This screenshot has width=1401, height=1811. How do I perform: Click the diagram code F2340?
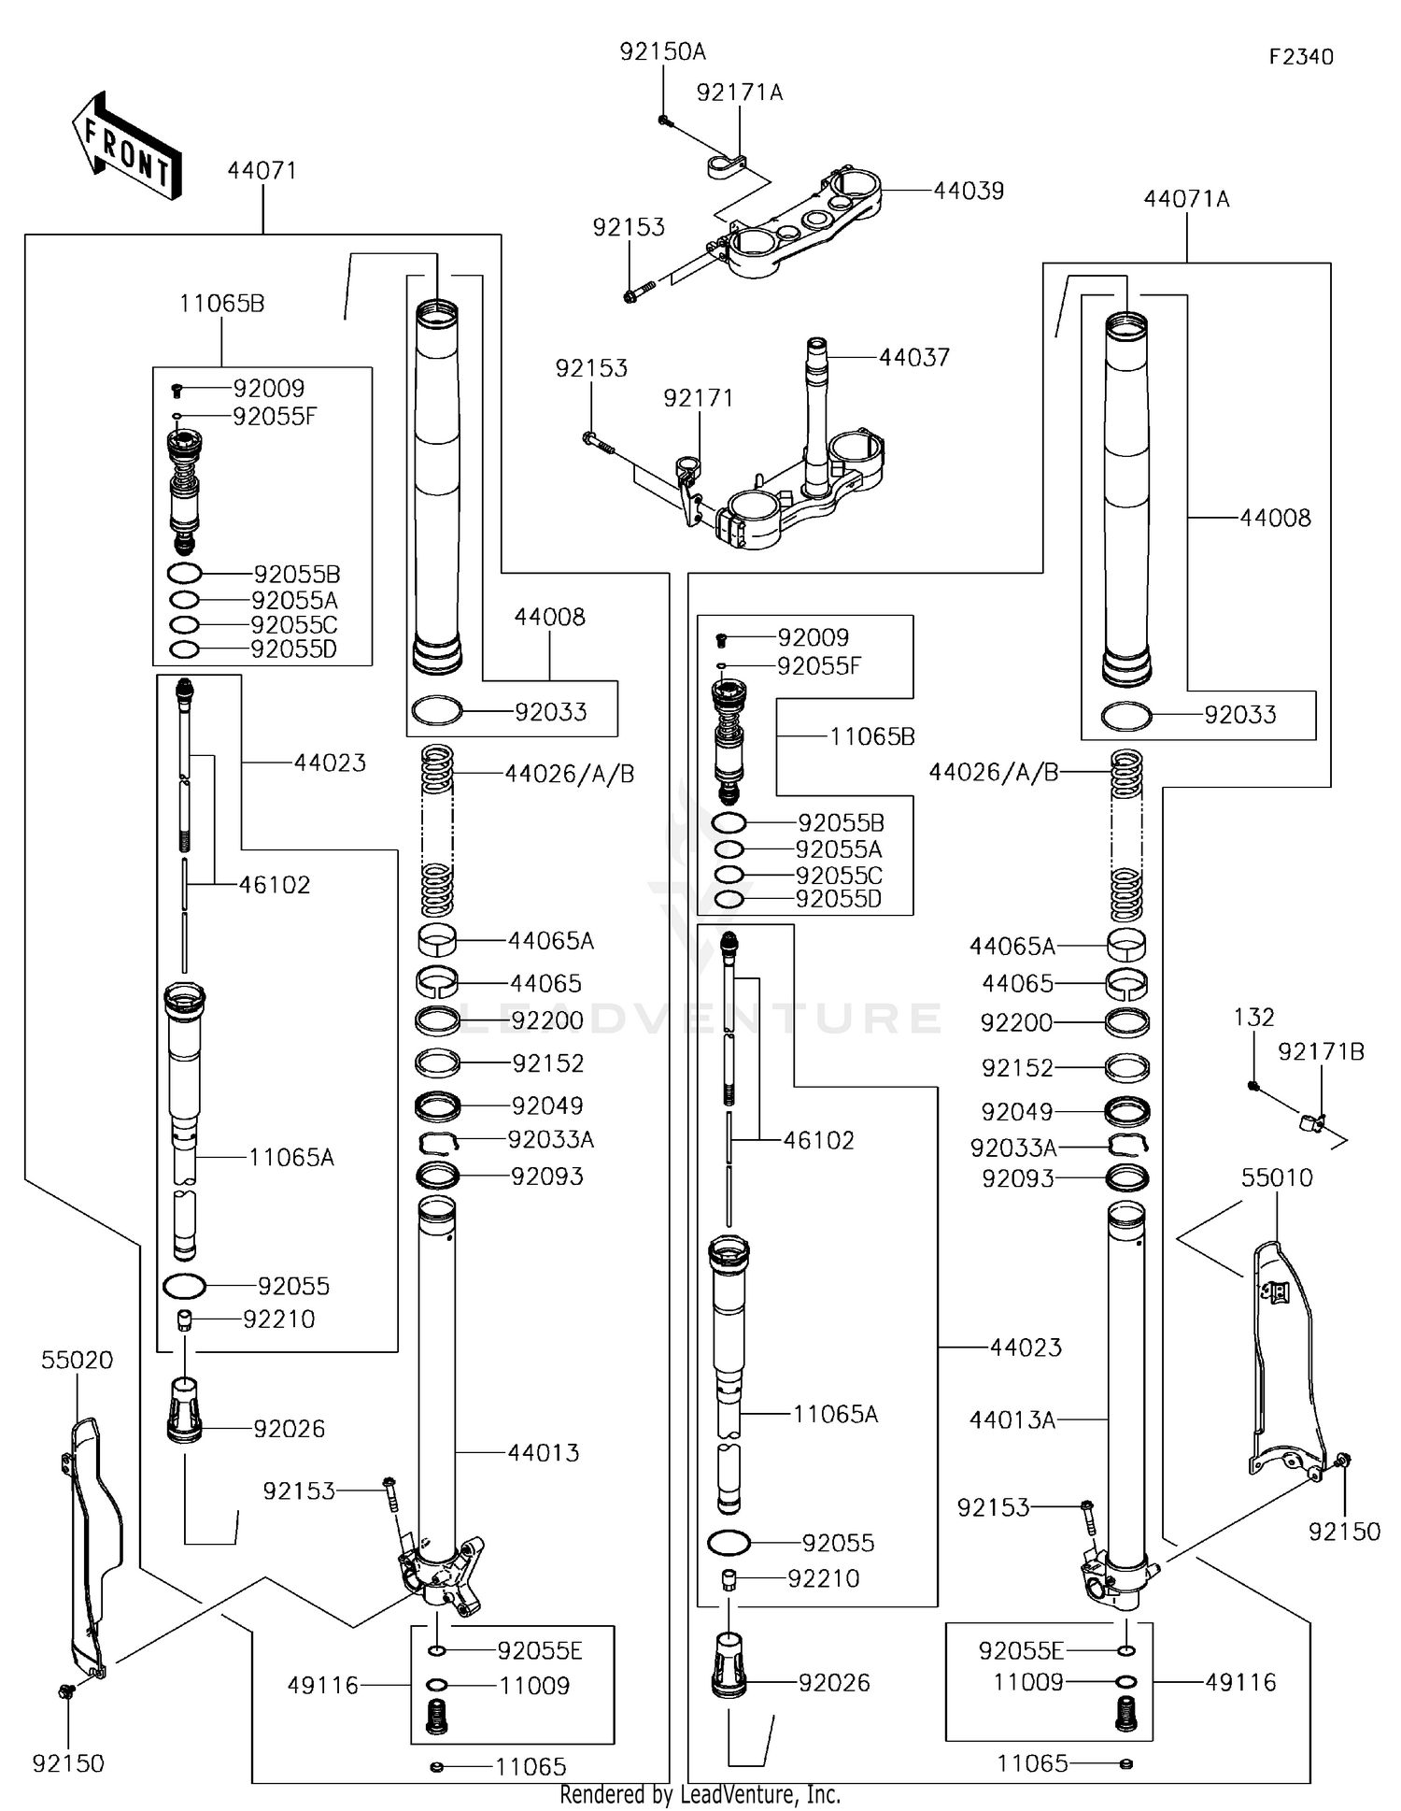[x=1301, y=57]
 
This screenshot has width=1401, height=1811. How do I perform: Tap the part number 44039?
[x=969, y=191]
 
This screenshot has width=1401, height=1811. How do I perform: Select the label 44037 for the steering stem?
[x=913, y=357]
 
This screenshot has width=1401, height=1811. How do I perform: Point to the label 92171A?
[x=740, y=93]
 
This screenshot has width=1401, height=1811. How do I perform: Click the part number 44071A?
[x=1186, y=199]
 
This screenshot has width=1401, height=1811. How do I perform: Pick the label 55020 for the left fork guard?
[x=77, y=1361]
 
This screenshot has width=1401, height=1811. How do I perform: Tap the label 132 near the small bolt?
[x=1253, y=1017]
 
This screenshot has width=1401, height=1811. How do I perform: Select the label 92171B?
[x=1321, y=1052]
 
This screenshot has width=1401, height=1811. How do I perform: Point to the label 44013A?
[x=1012, y=1420]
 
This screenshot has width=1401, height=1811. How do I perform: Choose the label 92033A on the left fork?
[x=551, y=1139]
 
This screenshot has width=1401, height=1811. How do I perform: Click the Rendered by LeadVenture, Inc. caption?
[x=700, y=1794]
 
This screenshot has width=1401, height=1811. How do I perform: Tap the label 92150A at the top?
[x=662, y=52]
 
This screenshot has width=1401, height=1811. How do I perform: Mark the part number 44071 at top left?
[x=262, y=171]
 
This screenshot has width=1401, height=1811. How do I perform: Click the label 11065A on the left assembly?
[x=290, y=1158]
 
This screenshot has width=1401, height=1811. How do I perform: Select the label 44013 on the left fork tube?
[x=543, y=1453]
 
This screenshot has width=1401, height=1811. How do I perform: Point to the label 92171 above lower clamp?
[x=698, y=398]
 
